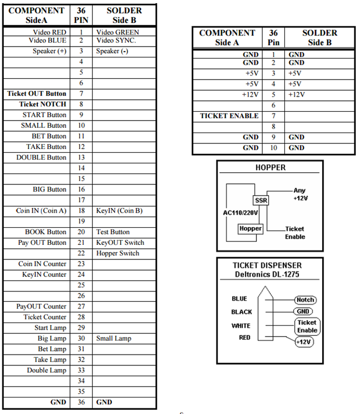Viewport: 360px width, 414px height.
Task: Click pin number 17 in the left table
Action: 81,200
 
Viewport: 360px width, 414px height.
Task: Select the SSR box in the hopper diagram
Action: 261,200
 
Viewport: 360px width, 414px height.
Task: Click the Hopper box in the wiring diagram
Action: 250,228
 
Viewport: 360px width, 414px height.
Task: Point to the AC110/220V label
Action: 240,213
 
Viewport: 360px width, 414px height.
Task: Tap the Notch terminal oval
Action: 305,300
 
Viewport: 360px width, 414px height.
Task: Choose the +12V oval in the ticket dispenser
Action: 304,342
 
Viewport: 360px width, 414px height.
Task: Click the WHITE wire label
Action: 241,326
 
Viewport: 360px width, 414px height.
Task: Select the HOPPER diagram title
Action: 270,168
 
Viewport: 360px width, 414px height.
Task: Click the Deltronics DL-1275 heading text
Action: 267,274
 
